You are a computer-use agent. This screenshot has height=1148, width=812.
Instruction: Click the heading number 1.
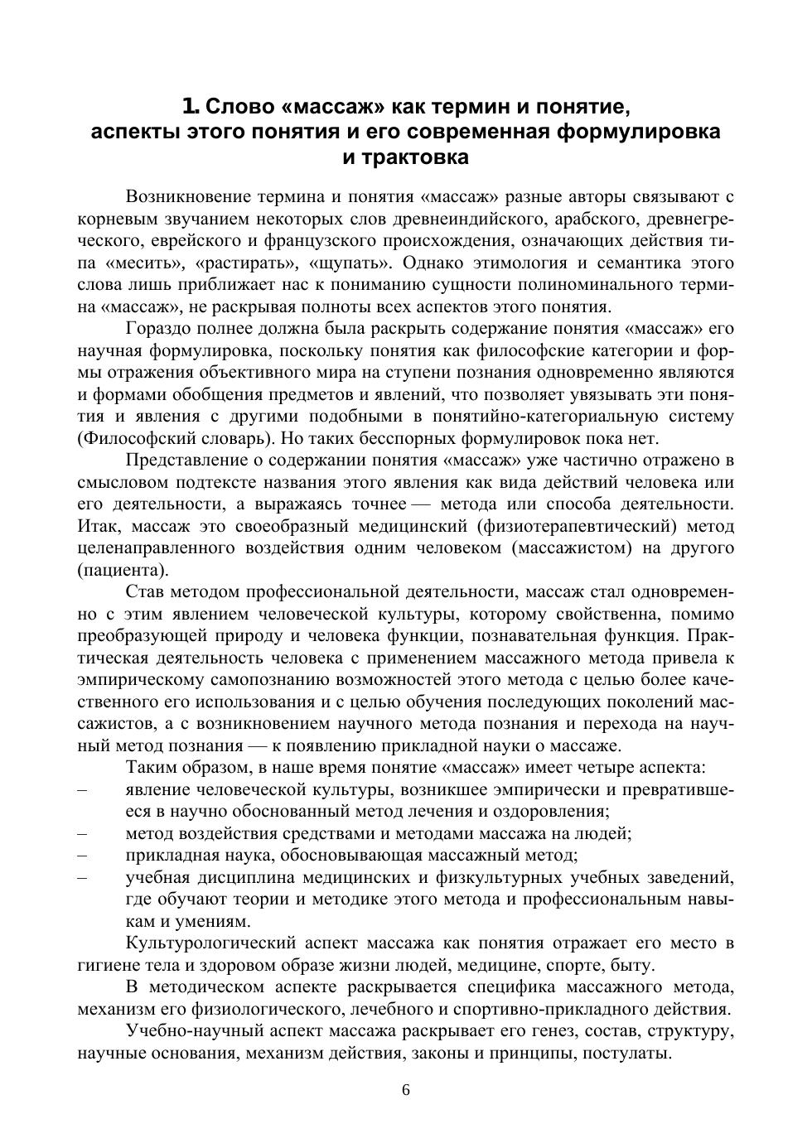(191, 107)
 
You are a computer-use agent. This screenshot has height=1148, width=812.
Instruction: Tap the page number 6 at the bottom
(406, 1090)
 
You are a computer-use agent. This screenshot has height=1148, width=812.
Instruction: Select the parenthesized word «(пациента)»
(123, 570)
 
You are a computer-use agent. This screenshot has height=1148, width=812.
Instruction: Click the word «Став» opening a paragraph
(145, 592)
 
